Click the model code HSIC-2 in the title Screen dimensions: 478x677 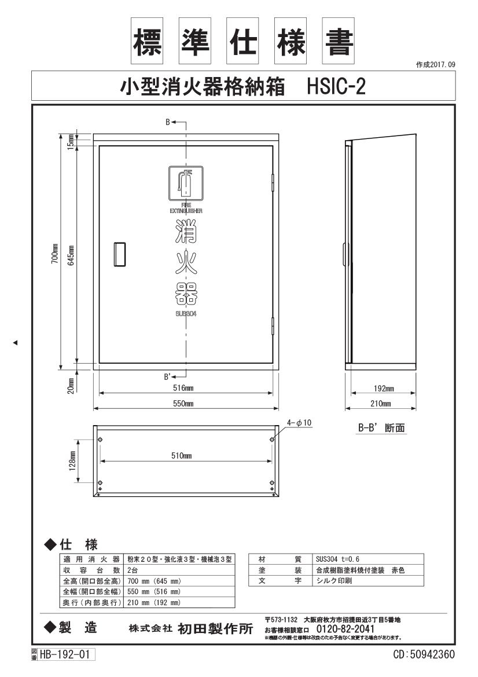pyautogui.click(x=336, y=86)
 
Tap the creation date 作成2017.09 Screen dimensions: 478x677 pyautogui.click(x=435, y=65)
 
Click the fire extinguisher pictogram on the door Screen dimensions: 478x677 pyautogui.click(x=186, y=182)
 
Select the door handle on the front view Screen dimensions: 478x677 pyautogui.click(x=120, y=255)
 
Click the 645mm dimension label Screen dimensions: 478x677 pyautogui.click(x=71, y=255)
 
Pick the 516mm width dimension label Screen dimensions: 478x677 pyautogui.click(x=183, y=387)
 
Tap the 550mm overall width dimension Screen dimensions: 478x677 pyautogui.click(x=183, y=404)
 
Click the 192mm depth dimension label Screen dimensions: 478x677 pyautogui.click(x=384, y=389)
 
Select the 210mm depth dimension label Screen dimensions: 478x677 pyautogui.click(x=381, y=404)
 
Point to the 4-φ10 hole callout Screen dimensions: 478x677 pyautogui.click(x=299, y=423)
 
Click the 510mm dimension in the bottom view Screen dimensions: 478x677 pyautogui.click(x=182, y=456)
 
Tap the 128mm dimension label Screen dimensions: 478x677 pyautogui.click(x=72, y=461)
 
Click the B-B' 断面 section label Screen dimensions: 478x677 pyautogui.click(x=381, y=428)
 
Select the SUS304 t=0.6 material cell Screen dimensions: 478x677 pyautogui.click(x=338, y=559)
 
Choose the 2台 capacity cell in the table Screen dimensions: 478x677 pyautogui.click(x=133, y=570)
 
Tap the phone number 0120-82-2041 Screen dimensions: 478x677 pyautogui.click(x=345, y=629)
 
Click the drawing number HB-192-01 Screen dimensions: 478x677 pyautogui.click(x=65, y=654)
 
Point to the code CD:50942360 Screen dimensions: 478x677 pyautogui.click(x=424, y=654)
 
